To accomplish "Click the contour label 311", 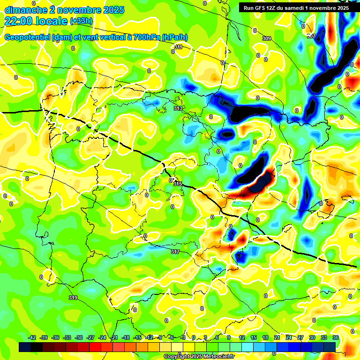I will tap(178, 47).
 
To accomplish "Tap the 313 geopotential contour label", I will tap(178, 108).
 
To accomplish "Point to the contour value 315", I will tap(178, 184).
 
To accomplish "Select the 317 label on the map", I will tap(175, 252).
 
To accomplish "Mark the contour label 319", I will tap(73, 298).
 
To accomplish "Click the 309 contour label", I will tap(266, 38).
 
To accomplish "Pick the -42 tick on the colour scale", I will tap(32, 338).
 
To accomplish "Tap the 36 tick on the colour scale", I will tap(336, 338).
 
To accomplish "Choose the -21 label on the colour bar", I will tap(114, 338).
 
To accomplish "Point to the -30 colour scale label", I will tap(79, 338).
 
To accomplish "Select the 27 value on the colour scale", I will tap(300, 338).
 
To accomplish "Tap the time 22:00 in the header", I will tap(20, 21).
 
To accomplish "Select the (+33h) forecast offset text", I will tap(81, 21).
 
